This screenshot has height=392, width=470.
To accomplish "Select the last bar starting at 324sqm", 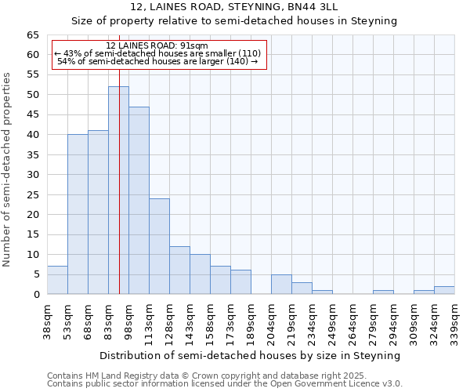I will [444, 290].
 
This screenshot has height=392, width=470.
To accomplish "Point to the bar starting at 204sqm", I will [281, 285].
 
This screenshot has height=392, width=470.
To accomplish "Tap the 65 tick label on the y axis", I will [32, 35].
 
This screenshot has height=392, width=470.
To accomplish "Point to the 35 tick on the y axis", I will [32, 155].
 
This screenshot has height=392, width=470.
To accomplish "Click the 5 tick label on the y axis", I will [35, 274].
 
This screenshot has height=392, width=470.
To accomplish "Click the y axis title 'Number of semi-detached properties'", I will [8, 169].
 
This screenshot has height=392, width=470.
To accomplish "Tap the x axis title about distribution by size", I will [251, 355].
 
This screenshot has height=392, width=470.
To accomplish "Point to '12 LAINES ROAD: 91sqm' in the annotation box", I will [157, 46].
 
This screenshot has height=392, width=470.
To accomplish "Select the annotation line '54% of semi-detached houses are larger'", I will [157, 61].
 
